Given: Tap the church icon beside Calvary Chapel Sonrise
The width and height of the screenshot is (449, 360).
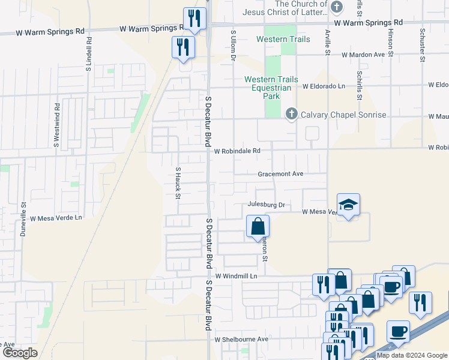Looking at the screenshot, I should pos(292,113).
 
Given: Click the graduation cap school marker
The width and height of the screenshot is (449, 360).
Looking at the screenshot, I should pos(348,205).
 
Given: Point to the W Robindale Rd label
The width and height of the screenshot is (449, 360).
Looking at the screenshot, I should pos(237,151).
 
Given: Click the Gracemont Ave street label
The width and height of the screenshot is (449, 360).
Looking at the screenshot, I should pos(280,174).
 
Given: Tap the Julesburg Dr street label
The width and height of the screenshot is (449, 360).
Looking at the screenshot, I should pos(265,205).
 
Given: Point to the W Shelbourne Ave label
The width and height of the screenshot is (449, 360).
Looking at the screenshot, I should pos(241,339).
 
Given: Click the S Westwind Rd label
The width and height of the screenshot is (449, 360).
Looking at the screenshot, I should pos(56,129).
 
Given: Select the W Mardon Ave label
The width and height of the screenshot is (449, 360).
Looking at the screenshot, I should pos(363,55).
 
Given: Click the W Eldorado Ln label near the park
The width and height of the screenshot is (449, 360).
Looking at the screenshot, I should pos(324,86).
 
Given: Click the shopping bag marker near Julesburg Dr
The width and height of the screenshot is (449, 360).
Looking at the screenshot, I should pos(258,227).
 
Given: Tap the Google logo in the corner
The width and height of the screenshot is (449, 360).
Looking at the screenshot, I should pos(19,353).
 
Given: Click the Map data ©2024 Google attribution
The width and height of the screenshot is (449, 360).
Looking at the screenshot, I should pos(412,355).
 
